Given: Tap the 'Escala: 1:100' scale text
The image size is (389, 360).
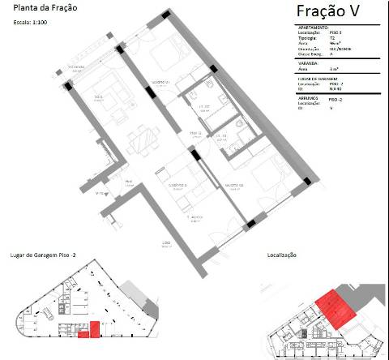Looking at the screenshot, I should pos(32,23).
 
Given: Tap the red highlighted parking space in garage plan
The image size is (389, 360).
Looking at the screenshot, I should pos(93,329).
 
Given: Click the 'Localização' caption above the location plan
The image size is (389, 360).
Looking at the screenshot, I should pos(282,255).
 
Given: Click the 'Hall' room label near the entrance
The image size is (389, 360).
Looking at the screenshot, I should pos(128,182).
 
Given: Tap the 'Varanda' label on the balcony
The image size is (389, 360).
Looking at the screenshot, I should pos(78,67).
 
